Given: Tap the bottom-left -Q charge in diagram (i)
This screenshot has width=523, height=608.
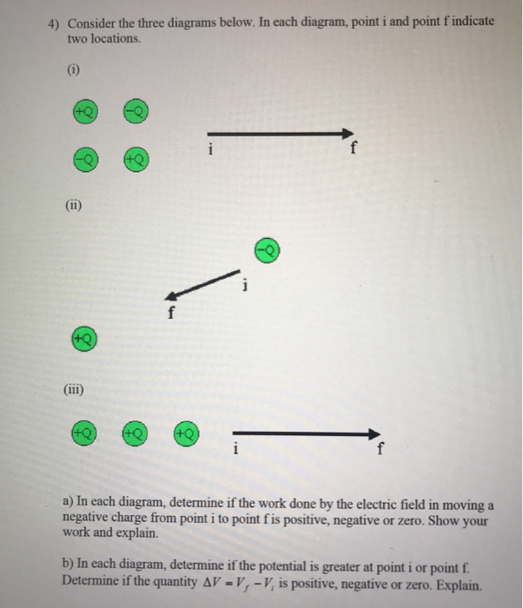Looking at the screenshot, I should (x=83, y=161).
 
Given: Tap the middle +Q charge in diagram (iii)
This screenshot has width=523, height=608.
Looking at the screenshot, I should (x=135, y=432).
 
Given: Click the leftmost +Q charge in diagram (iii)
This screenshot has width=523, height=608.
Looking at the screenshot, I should (x=84, y=432).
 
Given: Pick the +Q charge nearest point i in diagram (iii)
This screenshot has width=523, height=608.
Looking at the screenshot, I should (x=185, y=432).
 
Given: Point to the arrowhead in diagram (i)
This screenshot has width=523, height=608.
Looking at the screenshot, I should (x=350, y=134).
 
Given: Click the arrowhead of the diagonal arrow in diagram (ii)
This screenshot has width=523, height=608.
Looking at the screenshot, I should (x=173, y=295).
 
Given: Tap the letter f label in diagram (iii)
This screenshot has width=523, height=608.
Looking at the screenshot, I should (x=379, y=450).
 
